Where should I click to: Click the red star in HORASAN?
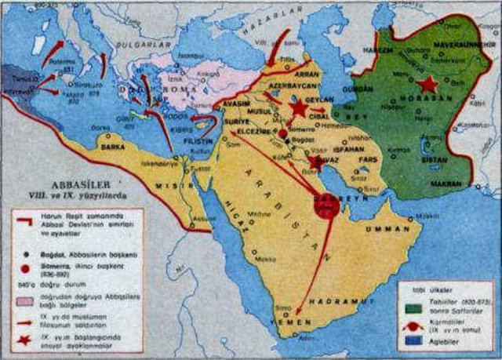pyautogui.click(x=427, y=84)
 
